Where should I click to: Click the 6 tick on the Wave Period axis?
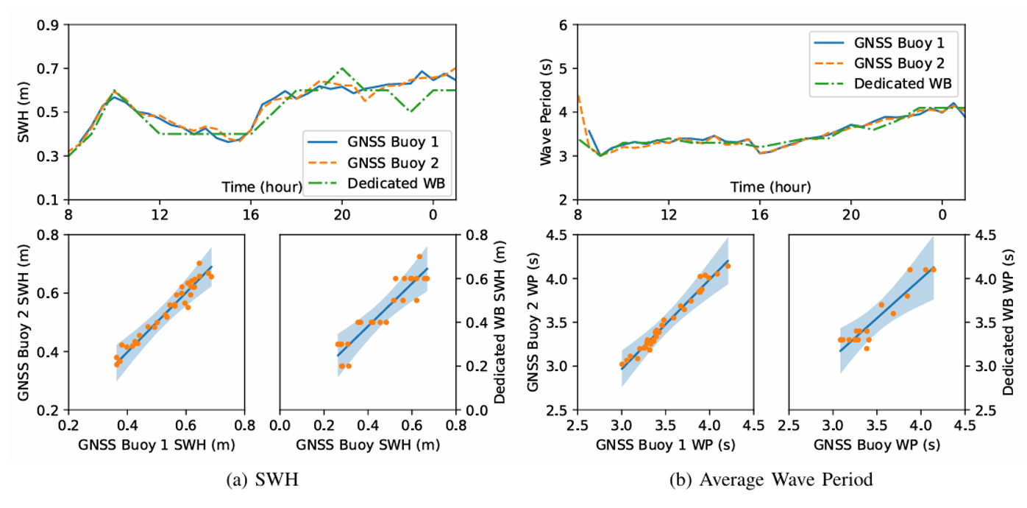pos(563,25)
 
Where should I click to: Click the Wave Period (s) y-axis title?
pos(546,112)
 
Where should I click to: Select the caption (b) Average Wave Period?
pos(771,481)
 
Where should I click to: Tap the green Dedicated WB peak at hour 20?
pos(341,68)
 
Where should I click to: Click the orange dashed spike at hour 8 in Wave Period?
pos(578,96)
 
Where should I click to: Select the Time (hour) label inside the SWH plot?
pos(261,187)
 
